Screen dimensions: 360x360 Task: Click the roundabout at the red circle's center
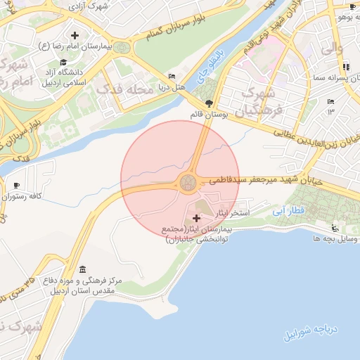coord(188,183)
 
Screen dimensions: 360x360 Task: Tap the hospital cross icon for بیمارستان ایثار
coord(196,219)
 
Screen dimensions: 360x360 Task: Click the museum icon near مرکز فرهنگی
coord(84,271)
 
